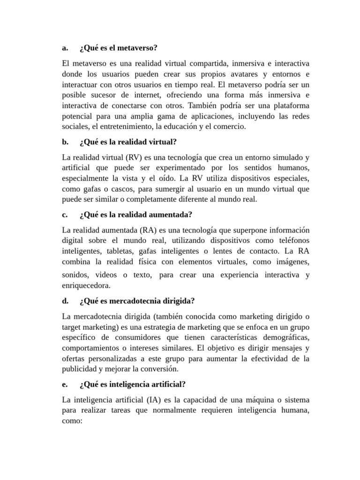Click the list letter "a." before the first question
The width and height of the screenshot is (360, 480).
(x=65, y=48)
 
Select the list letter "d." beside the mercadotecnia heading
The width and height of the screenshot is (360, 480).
(x=66, y=300)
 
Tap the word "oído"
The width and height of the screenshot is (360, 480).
(x=171, y=179)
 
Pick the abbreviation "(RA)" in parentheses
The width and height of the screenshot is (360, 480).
(x=149, y=230)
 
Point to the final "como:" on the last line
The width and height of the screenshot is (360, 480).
(x=72, y=420)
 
